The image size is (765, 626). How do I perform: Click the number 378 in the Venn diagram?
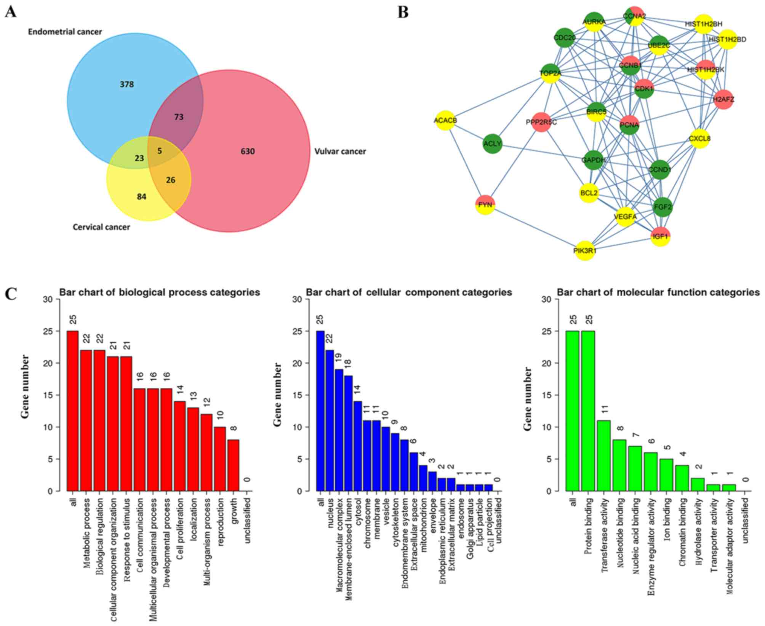(x=127, y=84)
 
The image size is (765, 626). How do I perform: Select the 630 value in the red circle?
(x=247, y=151)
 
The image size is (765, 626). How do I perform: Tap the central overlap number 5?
(x=160, y=151)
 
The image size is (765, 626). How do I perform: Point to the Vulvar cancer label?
(x=340, y=151)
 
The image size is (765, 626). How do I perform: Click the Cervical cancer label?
(x=101, y=227)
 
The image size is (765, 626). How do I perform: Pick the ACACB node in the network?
(x=445, y=120)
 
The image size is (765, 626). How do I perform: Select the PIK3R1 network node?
(x=585, y=250)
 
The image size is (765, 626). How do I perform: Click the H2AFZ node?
(x=723, y=100)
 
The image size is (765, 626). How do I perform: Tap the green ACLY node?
(x=492, y=144)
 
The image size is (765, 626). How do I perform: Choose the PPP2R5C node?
(x=541, y=122)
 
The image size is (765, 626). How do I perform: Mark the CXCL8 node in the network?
(x=700, y=139)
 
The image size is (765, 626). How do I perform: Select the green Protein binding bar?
(x=587, y=411)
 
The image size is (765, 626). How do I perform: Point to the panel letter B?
(x=403, y=13)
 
